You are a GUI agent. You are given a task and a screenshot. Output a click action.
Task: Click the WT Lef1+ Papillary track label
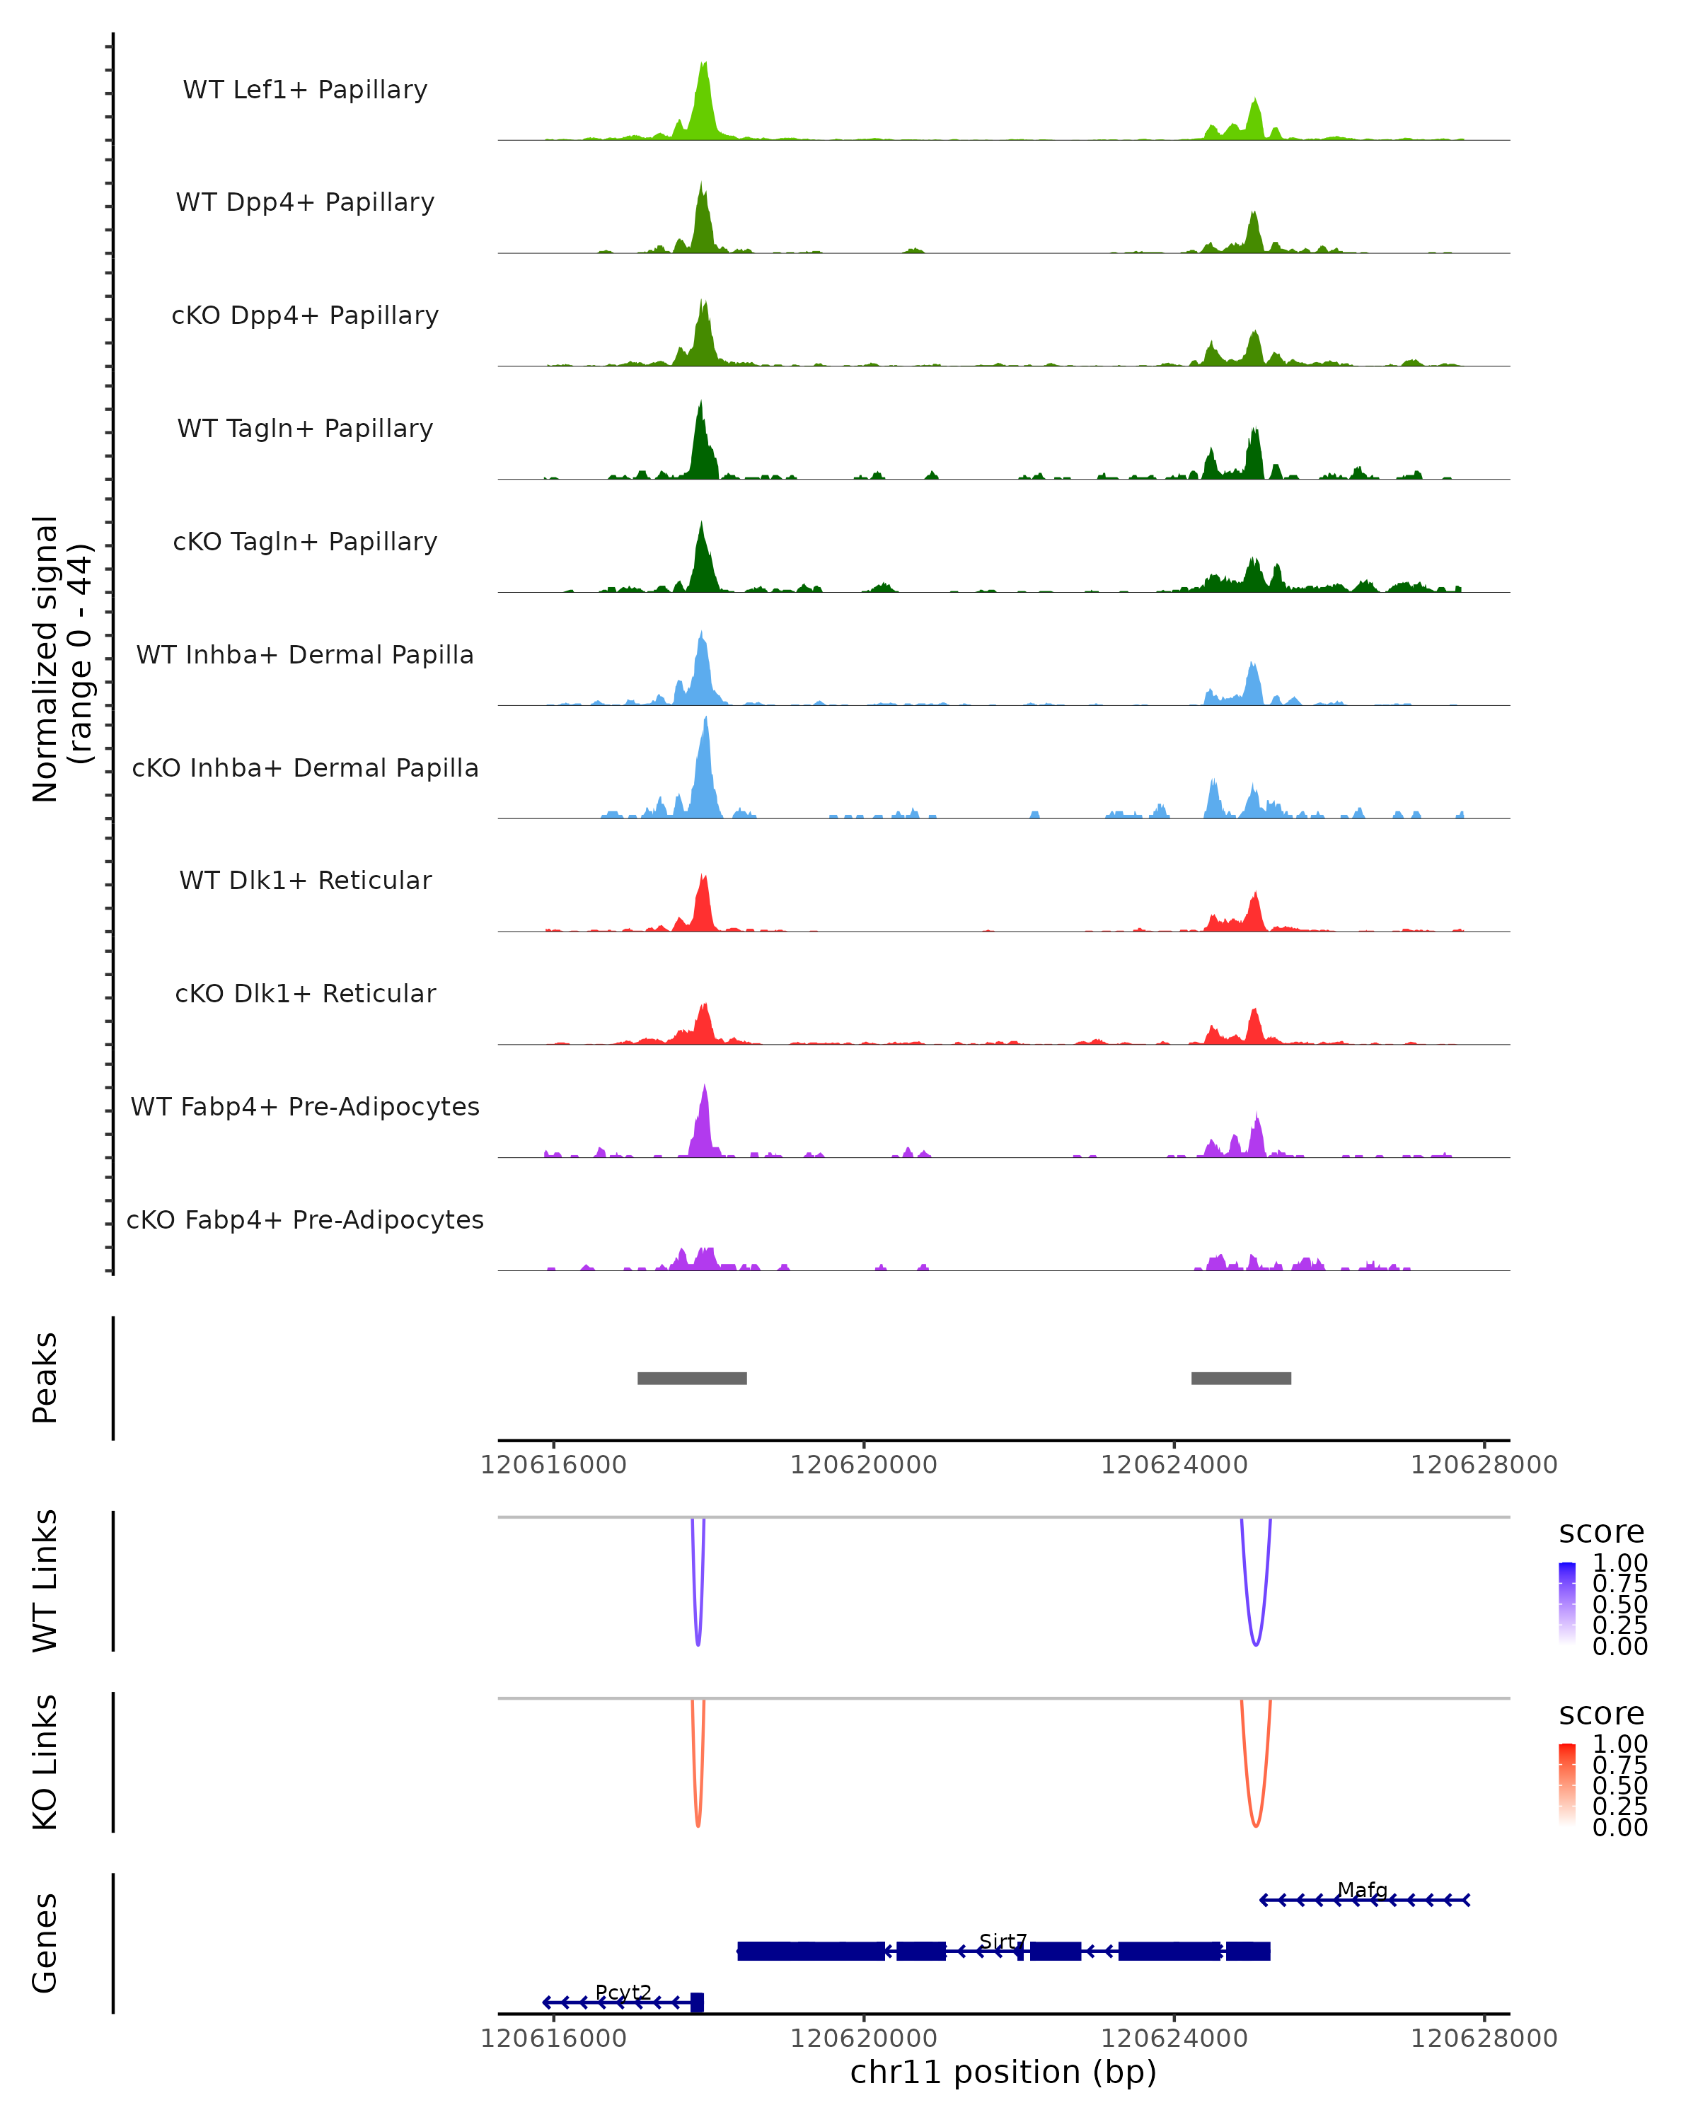[x=305, y=90]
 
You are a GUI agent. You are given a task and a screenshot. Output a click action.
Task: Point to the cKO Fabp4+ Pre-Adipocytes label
[x=305, y=1219]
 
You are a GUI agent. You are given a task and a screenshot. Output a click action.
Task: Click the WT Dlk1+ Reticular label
[x=305, y=881]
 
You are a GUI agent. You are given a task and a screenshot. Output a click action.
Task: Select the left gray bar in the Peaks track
[x=692, y=1378]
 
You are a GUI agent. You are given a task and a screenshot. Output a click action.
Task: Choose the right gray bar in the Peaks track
[x=1240, y=1378]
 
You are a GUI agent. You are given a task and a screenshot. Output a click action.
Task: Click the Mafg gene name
[x=1363, y=1890]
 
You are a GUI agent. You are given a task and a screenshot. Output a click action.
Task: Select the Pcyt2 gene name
[x=623, y=1992]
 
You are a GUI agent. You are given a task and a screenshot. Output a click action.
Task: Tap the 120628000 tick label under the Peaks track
[x=1484, y=1465]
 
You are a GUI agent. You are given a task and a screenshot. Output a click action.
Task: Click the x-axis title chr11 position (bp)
[x=1003, y=2072]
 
